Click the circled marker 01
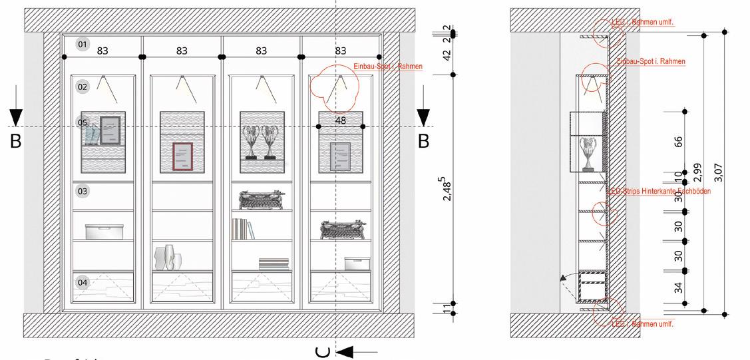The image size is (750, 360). [x=83, y=45]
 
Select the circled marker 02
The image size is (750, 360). [x=83, y=87]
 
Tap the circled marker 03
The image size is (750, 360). [x=83, y=192]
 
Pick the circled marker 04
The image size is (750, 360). [x=83, y=283]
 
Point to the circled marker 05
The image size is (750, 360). [x=83, y=122]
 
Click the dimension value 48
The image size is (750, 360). [x=341, y=120]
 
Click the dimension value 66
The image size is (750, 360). [x=678, y=142]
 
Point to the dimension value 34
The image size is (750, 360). [x=678, y=287]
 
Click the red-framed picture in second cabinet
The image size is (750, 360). [x=182, y=157]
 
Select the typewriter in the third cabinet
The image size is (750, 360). [x=262, y=200]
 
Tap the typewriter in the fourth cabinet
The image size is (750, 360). [x=340, y=228]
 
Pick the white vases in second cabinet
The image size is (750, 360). [x=168, y=258]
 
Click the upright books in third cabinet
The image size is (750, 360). [x=242, y=229]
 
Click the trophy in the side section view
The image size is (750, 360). [x=588, y=152]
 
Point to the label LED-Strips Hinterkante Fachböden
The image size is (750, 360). [x=660, y=192]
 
